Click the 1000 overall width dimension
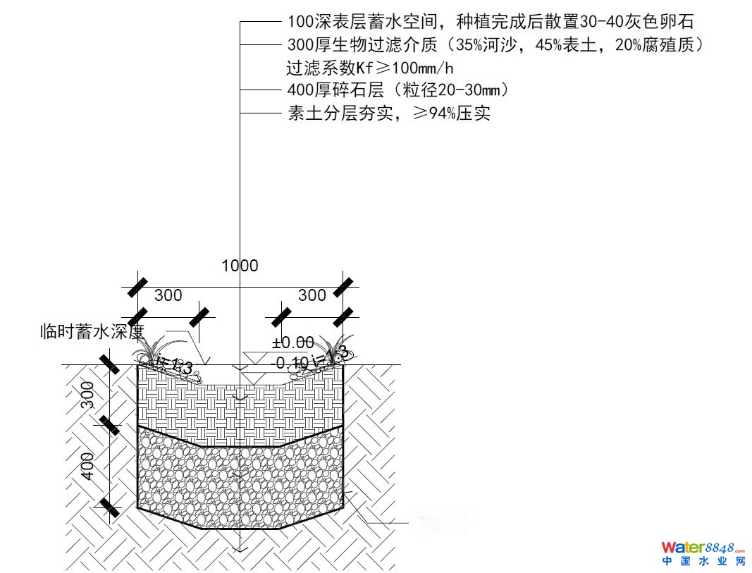click(x=240, y=266)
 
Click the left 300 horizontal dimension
click(x=168, y=295)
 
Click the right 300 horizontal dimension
click(x=312, y=295)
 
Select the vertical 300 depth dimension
click(x=88, y=395)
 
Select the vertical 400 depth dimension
click(x=88, y=466)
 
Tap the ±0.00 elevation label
click(x=293, y=343)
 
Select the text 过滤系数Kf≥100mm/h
click(x=370, y=68)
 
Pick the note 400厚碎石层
click(x=397, y=90)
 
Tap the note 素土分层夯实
click(x=388, y=113)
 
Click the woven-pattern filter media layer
click(x=240, y=409)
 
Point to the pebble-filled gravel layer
click(x=240, y=486)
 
